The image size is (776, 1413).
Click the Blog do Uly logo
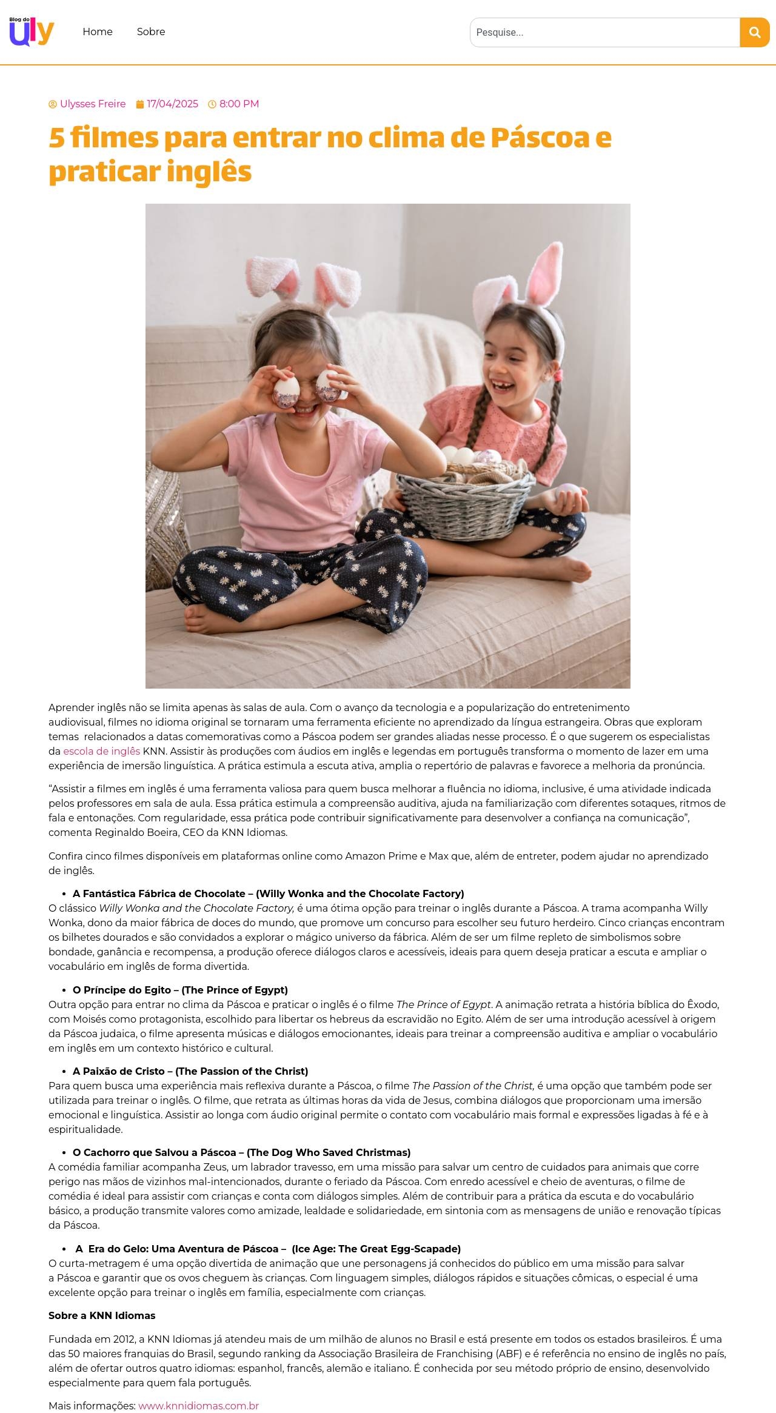(32, 32)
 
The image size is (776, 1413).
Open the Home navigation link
(98, 32)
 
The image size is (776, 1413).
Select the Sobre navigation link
(151, 32)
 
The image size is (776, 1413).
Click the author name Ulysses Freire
(93, 104)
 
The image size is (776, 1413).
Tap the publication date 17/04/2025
(172, 104)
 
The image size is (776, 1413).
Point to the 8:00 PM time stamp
(239, 104)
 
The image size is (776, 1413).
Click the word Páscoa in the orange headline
(540, 138)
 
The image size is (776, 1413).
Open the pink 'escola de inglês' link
(101, 751)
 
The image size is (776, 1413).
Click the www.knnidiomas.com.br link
(198, 1406)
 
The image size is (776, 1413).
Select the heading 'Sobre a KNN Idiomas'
(102, 1315)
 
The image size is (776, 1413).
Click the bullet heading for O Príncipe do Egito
(180, 990)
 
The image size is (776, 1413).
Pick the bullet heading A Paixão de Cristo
(190, 1071)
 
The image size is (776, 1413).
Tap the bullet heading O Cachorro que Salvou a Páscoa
(241, 1152)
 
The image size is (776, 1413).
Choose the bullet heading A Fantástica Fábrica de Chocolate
(268, 894)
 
